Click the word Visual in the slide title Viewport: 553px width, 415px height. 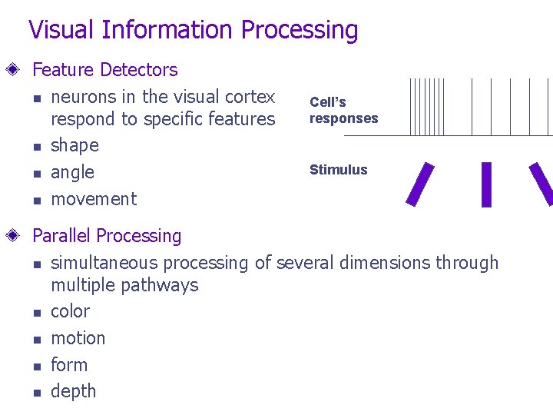point(63,30)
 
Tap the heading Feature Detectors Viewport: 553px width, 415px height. point(104,70)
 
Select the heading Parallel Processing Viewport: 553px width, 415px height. point(107,236)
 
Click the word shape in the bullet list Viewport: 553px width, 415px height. point(75,145)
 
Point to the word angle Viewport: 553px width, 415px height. point(72,172)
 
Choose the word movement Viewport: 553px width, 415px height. point(93,199)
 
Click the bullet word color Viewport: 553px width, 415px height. point(70,311)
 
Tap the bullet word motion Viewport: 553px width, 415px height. point(78,338)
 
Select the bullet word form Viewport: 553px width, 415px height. point(69,365)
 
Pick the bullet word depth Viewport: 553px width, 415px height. point(73,391)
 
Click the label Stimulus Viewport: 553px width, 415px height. point(338,170)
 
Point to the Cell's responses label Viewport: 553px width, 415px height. point(343,110)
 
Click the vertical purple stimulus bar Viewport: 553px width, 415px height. point(485,184)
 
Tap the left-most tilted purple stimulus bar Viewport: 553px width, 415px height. point(419,184)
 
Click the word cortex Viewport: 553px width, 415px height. point(249,97)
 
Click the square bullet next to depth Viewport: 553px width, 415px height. point(35,392)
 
